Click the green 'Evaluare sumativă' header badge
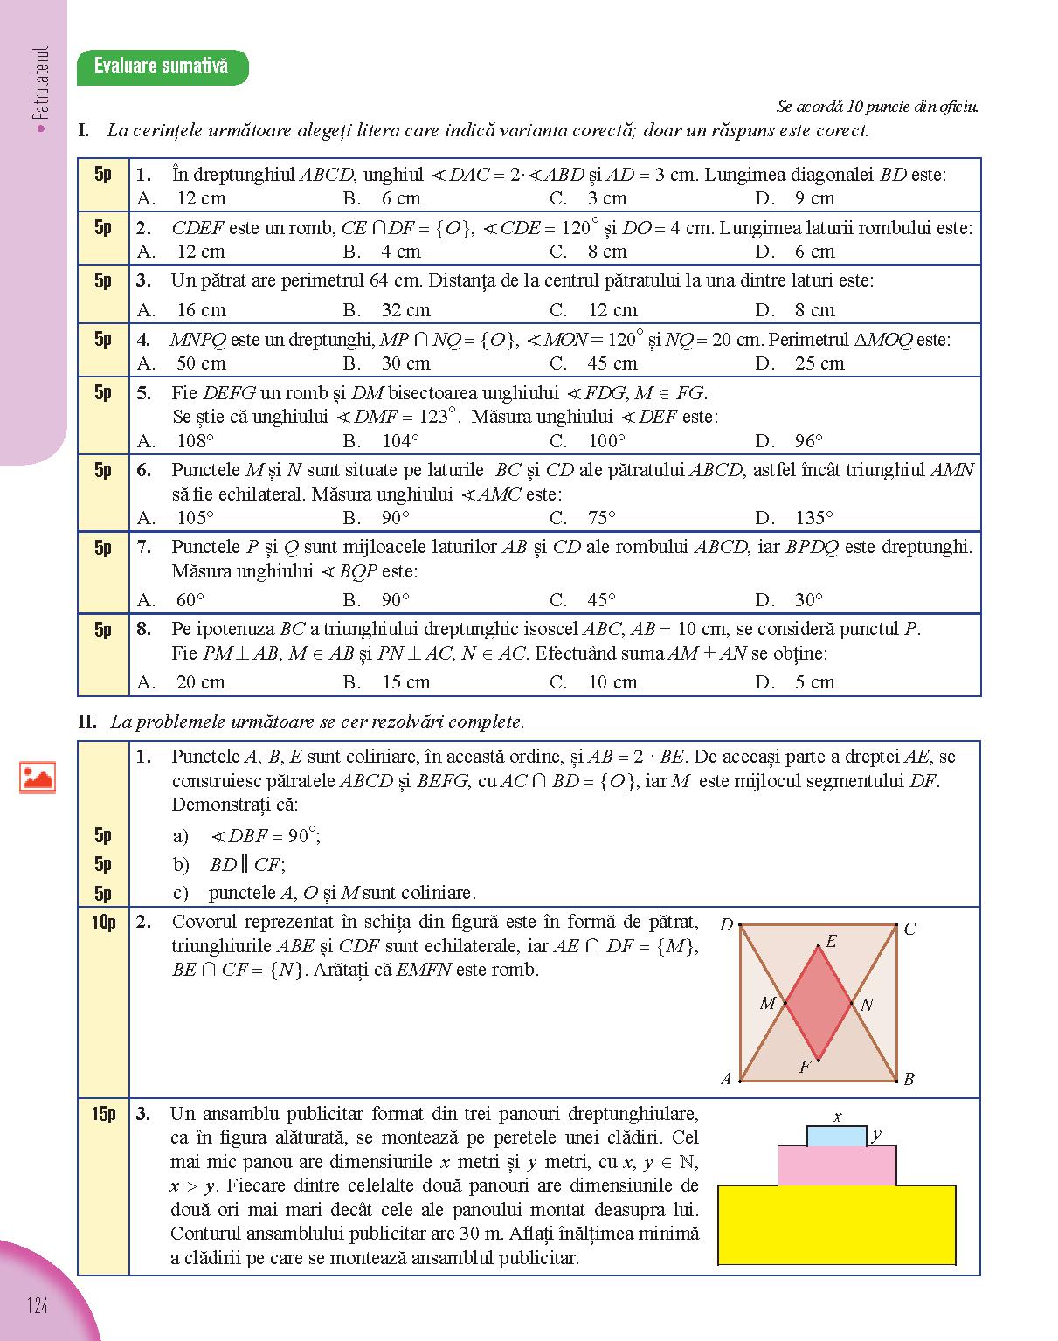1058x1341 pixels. click(x=162, y=66)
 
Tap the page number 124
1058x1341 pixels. click(x=38, y=1306)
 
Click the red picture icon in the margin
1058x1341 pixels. click(x=38, y=777)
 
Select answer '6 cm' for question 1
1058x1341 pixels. click(x=400, y=198)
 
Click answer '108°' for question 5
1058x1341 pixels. click(x=195, y=441)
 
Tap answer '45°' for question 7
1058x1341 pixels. click(x=601, y=600)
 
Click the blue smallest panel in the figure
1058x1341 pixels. click(x=836, y=1137)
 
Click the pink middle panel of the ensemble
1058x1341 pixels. click(x=836, y=1166)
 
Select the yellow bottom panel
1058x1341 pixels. click(x=836, y=1225)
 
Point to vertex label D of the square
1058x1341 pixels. click(x=726, y=925)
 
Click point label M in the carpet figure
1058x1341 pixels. click(x=767, y=1003)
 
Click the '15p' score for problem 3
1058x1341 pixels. click(x=103, y=1114)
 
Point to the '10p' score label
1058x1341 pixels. click(x=103, y=922)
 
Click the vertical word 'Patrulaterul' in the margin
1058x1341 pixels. click(x=43, y=83)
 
